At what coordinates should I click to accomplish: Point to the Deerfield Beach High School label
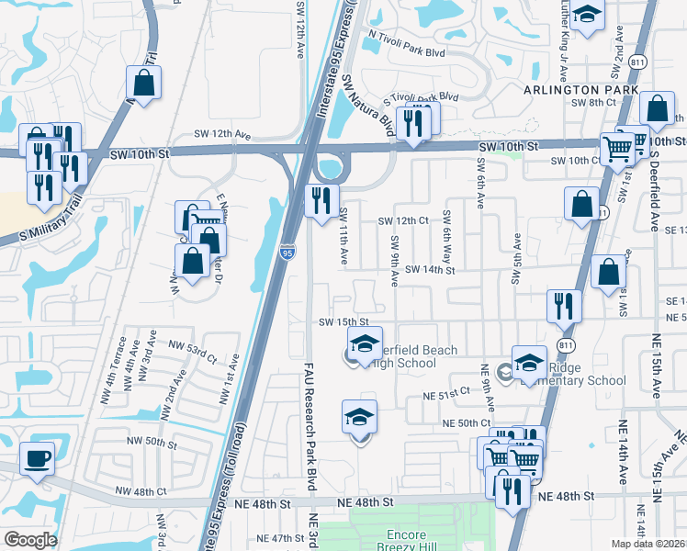point(398,356)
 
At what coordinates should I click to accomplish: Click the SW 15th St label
point(343,322)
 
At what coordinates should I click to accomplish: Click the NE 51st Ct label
point(445,395)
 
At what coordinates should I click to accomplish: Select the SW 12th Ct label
point(405,221)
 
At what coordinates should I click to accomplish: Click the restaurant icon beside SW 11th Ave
point(321,201)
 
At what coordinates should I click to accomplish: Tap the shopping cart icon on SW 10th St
point(616,146)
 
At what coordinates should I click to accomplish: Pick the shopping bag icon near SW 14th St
point(610,272)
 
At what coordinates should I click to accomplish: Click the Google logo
point(30,540)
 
